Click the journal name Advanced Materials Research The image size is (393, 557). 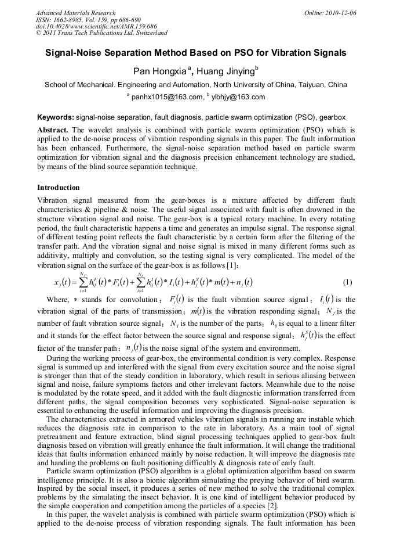pos(75,13)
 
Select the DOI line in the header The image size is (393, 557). pos(97,27)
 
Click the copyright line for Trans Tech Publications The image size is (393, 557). pos(101,34)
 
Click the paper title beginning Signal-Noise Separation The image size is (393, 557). pos(196,53)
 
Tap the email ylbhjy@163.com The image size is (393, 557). pos(241,97)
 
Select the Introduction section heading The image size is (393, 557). pos(59,188)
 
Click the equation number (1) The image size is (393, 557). pos(348,282)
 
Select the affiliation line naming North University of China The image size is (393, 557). pos(196,85)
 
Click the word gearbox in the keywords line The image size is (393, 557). pos(342,117)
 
